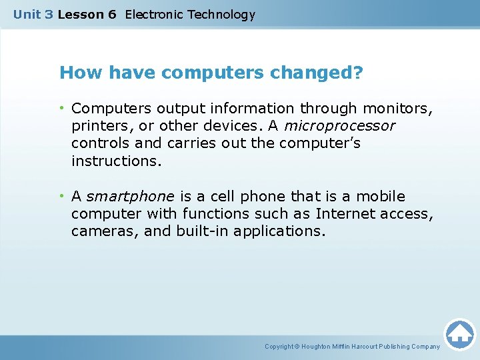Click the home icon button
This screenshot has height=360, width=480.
click(459, 334)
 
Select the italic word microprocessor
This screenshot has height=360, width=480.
click(339, 125)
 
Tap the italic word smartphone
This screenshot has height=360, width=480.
click(130, 196)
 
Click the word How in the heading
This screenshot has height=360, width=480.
click(75, 73)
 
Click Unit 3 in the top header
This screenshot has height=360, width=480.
click(33, 14)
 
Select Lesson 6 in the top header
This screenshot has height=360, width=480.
click(87, 14)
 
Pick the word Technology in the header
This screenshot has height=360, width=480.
click(221, 14)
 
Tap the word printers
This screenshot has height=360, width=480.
click(97, 125)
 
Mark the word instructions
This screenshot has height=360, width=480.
click(116, 161)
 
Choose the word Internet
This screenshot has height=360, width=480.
click(345, 213)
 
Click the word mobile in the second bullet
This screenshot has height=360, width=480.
click(380, 196)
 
